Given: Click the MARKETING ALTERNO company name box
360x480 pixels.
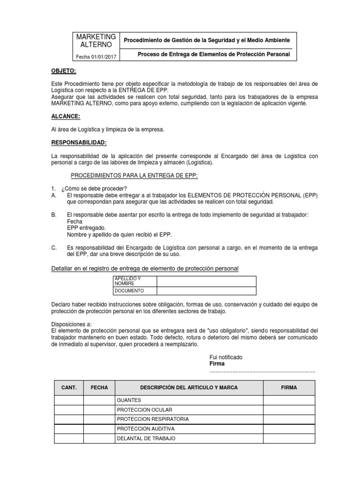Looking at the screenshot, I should [96, 41].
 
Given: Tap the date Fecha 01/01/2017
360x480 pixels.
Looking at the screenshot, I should [96, 57].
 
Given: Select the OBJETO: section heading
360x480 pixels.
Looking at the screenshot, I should [63, 71].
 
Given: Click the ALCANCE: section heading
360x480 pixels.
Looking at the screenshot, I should [65, 116].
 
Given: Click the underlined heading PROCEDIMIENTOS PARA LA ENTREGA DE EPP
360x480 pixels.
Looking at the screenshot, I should [134, 175].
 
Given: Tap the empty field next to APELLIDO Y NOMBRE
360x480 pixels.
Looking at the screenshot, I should [206, 281].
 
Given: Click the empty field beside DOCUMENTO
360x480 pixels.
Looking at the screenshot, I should [206, 291].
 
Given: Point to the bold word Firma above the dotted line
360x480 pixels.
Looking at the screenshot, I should [217, 364].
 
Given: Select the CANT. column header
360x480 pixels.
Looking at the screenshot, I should [69, 388].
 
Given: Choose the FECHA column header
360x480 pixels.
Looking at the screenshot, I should [99, 388].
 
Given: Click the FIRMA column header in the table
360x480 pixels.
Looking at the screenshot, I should [289, 388].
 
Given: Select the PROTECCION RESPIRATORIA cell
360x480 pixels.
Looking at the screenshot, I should [153, 419].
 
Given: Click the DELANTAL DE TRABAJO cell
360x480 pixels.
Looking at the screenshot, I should [146, 438].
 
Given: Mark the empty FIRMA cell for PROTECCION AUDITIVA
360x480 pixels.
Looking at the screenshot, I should [289, 428].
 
